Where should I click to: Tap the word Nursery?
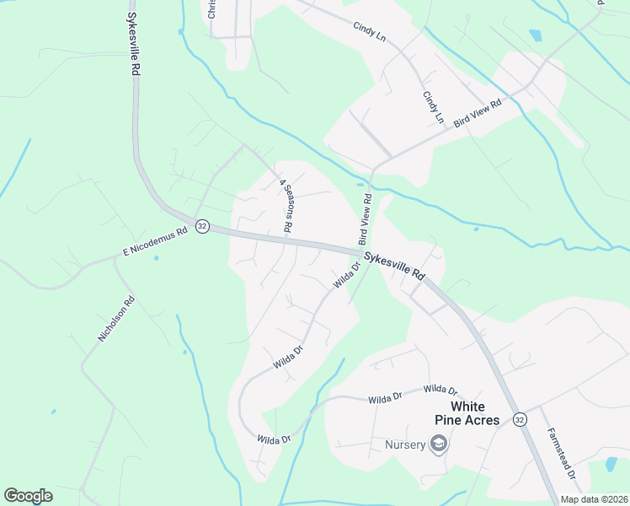point(405,444)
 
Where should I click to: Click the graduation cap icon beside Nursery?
point(438,444)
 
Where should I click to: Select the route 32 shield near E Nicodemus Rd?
point(202,227)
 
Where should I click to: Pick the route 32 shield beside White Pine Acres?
point(520,419)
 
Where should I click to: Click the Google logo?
point(28,496)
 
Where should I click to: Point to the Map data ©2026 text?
point(594,498)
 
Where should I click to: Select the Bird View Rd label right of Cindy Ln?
point(478,114)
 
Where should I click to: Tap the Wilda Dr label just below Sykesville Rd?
point(346,276)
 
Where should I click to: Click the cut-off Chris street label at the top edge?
point(211,8)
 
